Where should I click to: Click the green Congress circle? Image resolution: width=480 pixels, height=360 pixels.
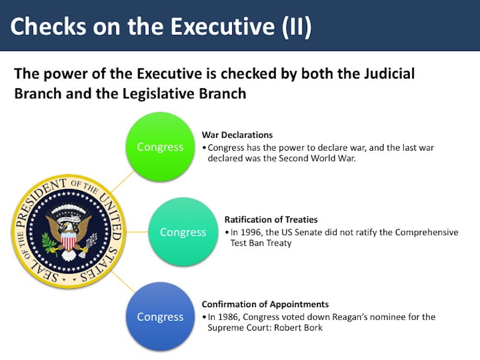click(160, 146)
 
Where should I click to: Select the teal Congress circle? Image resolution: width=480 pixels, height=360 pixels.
click(183, 232)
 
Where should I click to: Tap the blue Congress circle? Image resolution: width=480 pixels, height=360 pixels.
click(160, 317)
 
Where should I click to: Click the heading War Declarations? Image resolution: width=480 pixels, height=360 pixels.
click(237, 135)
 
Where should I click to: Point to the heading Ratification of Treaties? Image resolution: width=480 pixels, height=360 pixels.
click(271, 220)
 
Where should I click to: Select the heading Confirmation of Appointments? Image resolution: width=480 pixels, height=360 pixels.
click(265, 304)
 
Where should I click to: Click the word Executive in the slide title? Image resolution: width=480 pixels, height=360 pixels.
click(223, 26)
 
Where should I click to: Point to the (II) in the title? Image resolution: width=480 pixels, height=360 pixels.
click(296, 27)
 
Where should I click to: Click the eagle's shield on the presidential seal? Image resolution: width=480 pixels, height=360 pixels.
click(69, 241)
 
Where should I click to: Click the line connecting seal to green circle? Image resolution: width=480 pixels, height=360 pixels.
click(123, 181)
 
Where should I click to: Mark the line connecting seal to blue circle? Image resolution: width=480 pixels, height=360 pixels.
click(123, 281)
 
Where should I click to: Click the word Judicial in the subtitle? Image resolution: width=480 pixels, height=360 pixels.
click(389, 74)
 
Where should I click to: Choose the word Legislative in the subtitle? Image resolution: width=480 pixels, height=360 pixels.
click(158, 94)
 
